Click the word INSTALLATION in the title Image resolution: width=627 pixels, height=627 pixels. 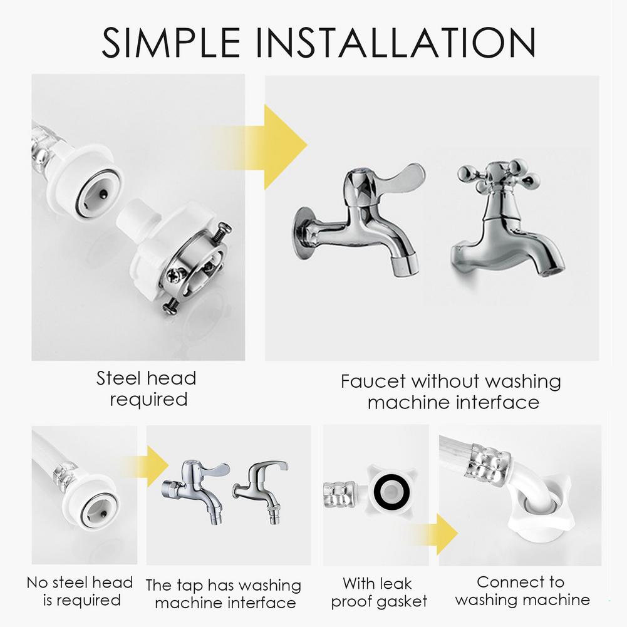pos(395,42)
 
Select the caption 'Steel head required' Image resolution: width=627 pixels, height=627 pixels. pos(147,388)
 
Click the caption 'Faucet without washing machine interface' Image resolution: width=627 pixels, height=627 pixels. pos(451,391)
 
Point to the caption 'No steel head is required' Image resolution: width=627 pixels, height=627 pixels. pos(80,591)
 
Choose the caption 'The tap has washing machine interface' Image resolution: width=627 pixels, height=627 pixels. pos(224,594)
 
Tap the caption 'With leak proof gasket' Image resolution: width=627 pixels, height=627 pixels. pos(378,593)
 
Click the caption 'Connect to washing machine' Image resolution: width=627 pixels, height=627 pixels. pos(522,591)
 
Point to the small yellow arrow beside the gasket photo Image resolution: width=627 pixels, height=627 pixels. pos(445,534)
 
